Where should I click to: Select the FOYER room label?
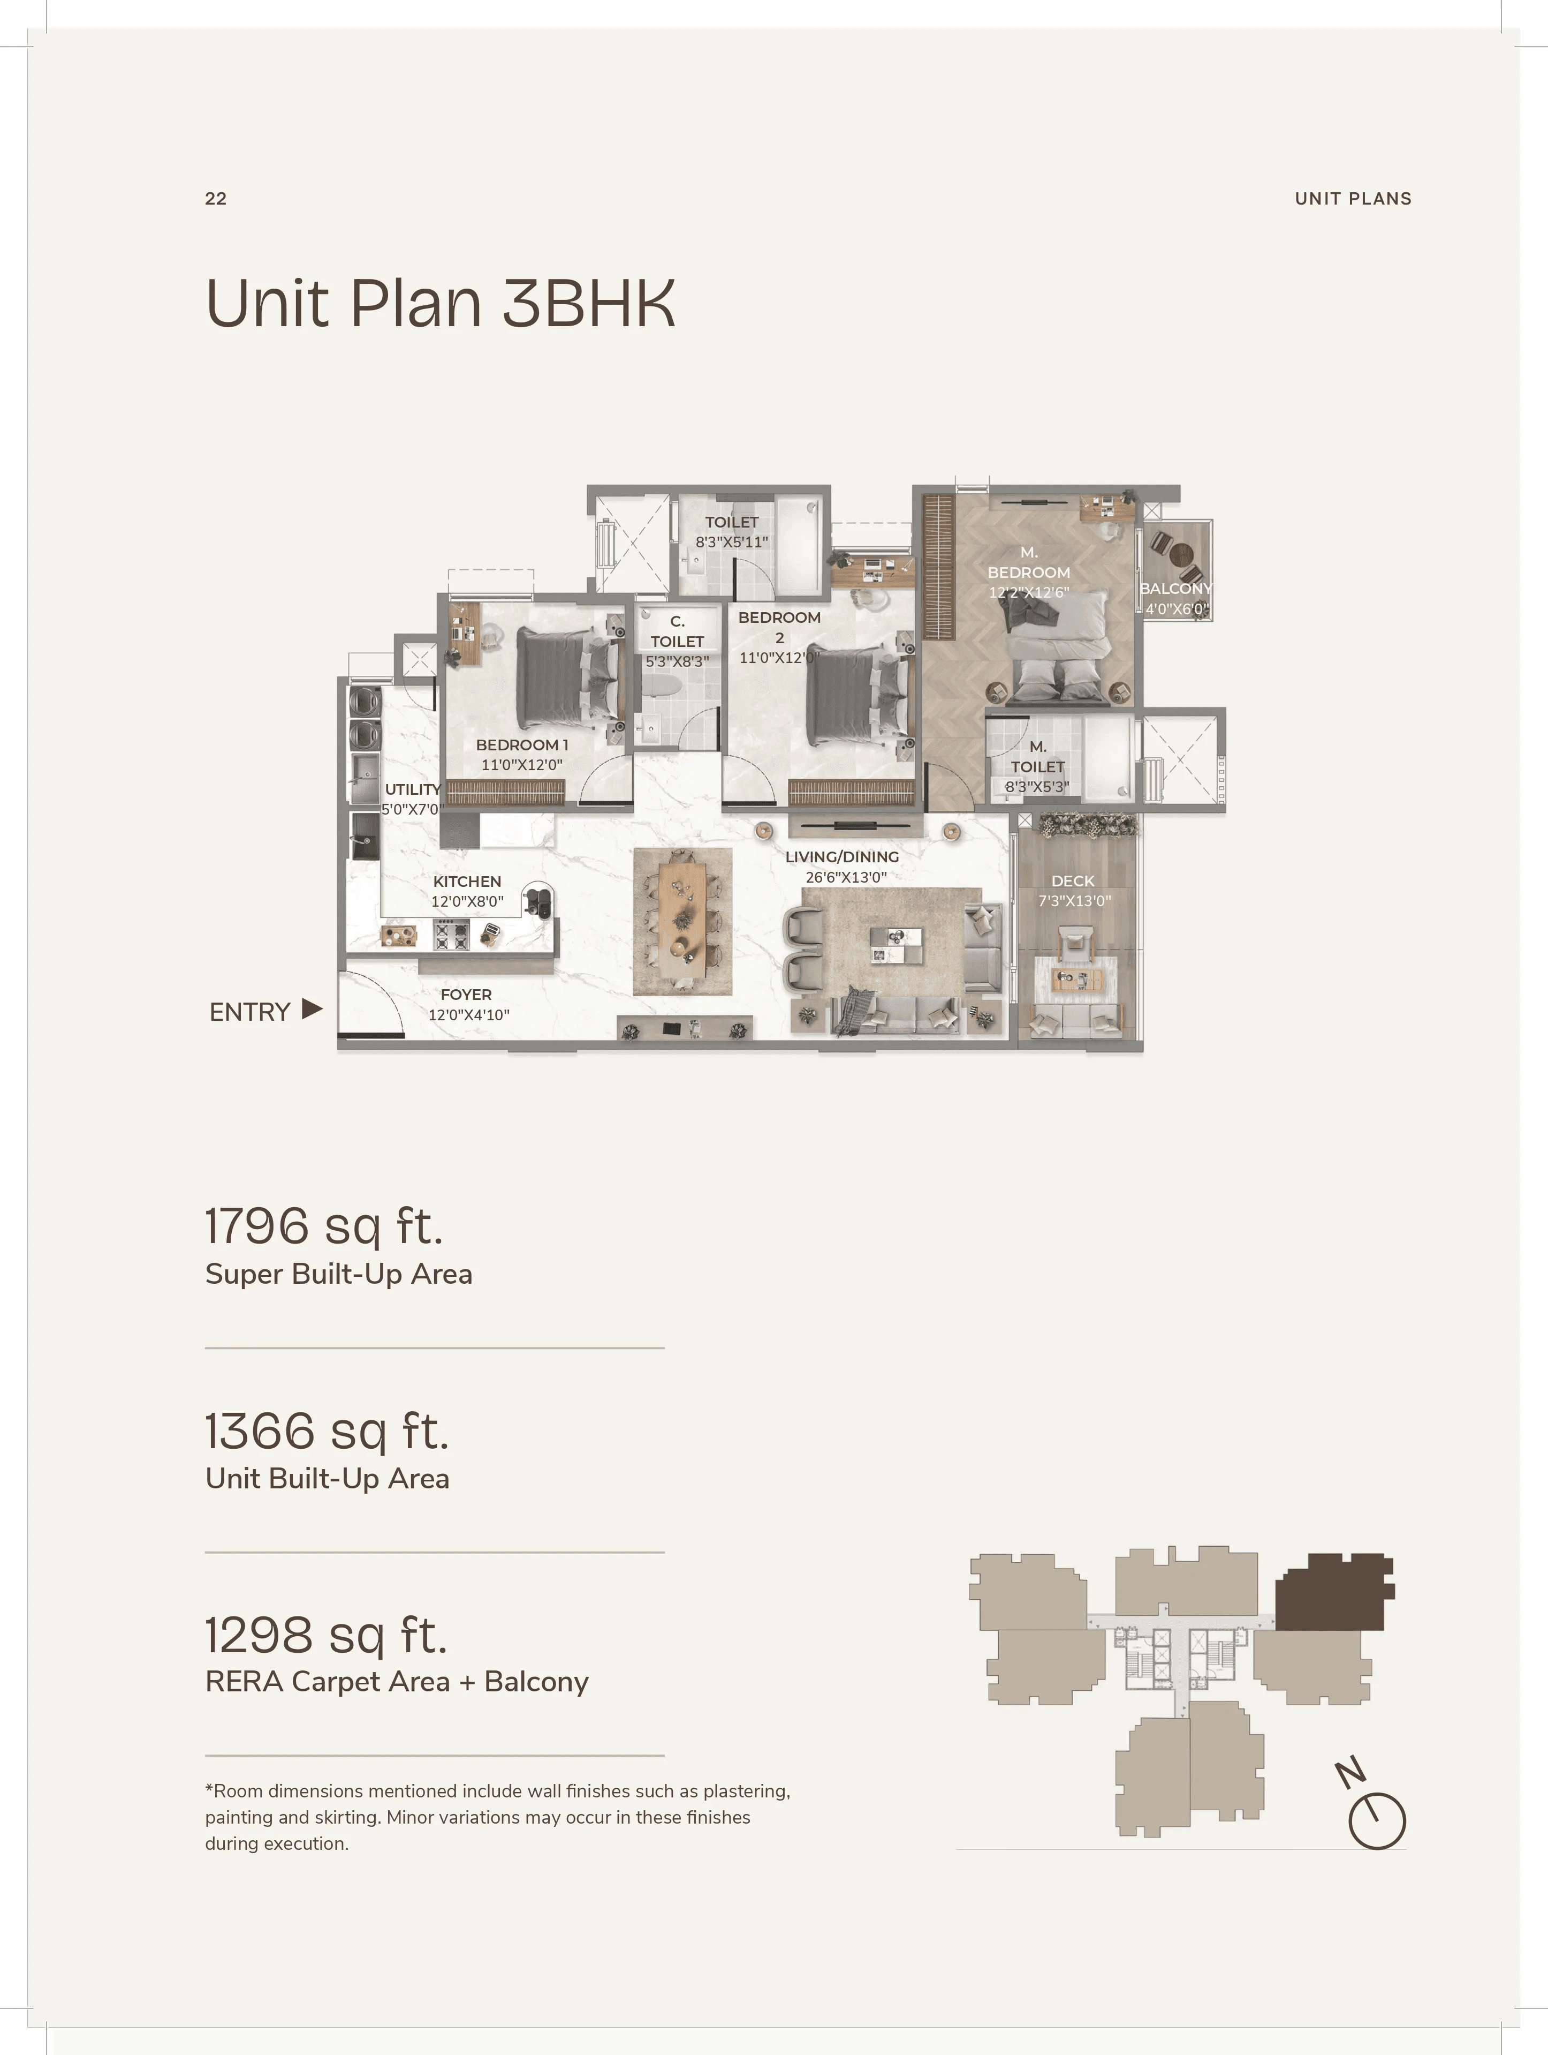466,994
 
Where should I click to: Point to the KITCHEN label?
467,880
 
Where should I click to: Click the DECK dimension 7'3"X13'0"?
1074,900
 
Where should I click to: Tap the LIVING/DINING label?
843,856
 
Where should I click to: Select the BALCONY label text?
1175,588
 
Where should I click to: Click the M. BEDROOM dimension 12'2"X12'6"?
1029,592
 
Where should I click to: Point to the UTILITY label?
412,789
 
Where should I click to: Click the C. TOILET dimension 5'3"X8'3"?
677,661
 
